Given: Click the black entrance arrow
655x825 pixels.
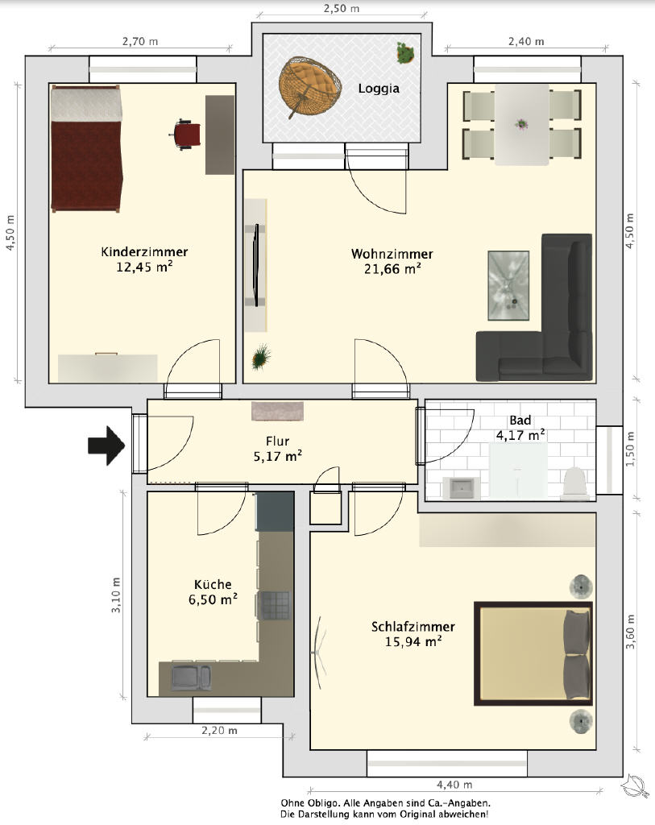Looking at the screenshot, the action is pyautogui.click(x=106, y=446).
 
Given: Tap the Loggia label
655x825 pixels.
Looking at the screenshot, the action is pyautogui.click(x=379, y=89).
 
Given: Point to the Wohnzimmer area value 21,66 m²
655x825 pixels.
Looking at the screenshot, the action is pyautogui.click(x=392, y=269).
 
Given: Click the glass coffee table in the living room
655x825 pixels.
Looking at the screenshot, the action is pyautogui.click(x=508, y=285).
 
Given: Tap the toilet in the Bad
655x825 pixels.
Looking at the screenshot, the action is pyautogui.click(x=575, y=482).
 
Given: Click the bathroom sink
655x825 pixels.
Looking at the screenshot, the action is pyautogui.click(x=462, y=487).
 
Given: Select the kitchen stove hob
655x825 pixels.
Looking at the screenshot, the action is pyautogui.click(x=276, y=605).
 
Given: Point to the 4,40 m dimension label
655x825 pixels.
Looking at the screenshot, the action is pyautogui.click(x=454, y=785).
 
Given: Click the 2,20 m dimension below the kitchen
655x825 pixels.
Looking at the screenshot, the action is pyautogui.click(x=219, y=730).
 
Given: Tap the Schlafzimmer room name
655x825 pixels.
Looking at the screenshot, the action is pyautogui.click(x=413, y=627).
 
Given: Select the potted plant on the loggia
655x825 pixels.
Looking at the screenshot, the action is pyautogui.click(x=404, y=52).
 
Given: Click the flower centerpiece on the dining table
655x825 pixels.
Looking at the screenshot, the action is pyautogui.click(x=521, y=124).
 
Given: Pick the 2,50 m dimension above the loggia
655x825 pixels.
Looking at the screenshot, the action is pyautogui.click(x=342, y=8).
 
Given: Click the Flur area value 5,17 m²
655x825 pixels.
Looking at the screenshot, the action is pyautogui.click(x=278, y=456).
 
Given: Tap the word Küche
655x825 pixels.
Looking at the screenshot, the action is pyautogui.click(x=213, y=584).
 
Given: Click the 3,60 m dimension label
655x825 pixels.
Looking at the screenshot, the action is pyautogui.click(x=630, y=631).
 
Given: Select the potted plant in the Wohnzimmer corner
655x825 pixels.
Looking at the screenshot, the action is pyautogui.click(x=260, y=357).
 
